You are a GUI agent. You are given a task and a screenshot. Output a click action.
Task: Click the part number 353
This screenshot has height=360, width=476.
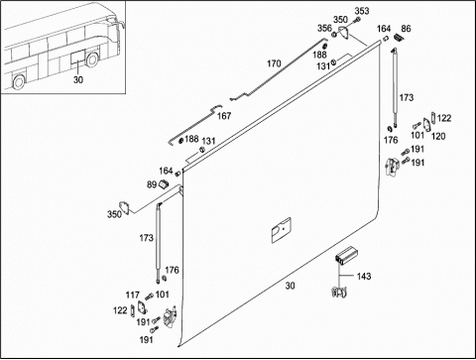(362, 11)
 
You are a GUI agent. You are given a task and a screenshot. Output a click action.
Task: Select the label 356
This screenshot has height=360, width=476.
(324, 28)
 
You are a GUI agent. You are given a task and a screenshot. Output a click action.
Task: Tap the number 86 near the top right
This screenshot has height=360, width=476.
(406, 29)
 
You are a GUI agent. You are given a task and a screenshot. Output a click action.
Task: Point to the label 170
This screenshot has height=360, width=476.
(274, 63)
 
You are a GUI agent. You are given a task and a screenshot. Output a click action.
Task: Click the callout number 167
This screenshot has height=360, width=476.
(224, 116)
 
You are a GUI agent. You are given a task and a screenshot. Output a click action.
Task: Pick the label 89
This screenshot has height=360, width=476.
(152, 184)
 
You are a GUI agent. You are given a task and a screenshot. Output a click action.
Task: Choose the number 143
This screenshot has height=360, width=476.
(364, 276)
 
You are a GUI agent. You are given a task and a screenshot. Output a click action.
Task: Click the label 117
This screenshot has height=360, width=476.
(133, 295)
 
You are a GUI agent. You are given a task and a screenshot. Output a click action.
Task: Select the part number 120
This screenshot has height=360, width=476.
(438, 136)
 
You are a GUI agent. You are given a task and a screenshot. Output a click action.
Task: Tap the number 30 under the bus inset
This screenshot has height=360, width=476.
(78, 79)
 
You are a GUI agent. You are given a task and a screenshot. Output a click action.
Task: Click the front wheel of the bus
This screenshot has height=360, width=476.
(92, 60)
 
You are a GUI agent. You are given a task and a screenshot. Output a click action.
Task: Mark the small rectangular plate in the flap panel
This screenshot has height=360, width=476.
(282, 230)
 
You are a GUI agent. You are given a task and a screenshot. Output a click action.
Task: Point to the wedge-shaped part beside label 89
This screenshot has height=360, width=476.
(164, 183)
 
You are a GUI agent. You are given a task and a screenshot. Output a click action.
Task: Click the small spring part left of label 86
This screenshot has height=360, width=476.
(398, 38)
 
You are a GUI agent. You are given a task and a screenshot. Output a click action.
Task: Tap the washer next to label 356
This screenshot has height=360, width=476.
(334, 34)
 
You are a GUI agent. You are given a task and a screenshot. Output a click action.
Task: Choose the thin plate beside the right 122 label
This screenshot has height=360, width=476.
(432, 118)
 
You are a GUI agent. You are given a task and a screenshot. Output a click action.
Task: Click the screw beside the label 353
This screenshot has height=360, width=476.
(356, 21)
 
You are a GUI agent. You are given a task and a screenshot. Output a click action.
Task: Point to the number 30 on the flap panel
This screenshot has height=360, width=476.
(290, 286)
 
